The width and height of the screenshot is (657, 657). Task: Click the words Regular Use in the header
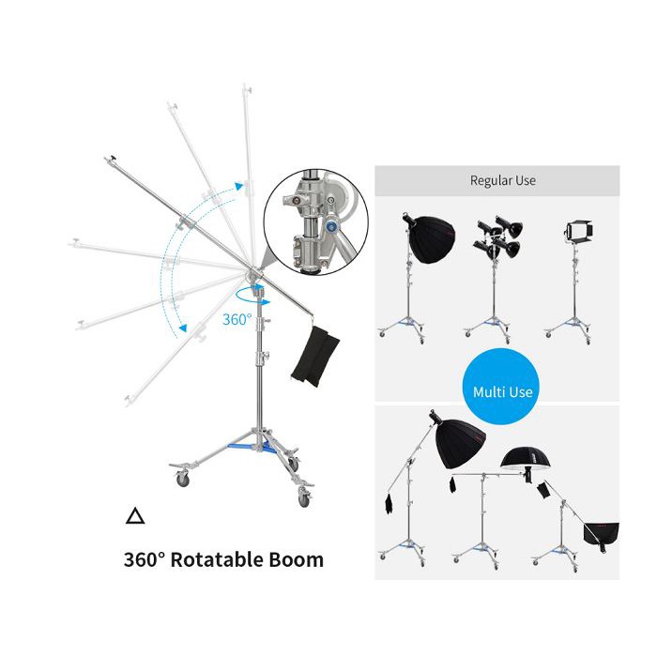pyautogui.click(x=502, y=180)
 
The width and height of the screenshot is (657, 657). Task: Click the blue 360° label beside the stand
pyautogui.click(x=237, y=319)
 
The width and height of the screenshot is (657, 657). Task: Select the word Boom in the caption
pyautogui.click(x=292, y=560)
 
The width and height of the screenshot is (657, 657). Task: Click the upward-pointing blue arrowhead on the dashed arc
pyautogui.click(x=239, y=188)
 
